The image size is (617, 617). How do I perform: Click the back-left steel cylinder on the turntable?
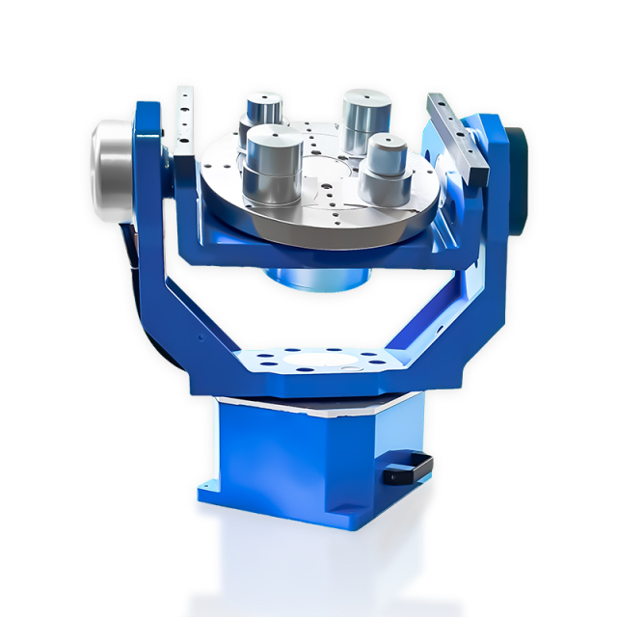[x=263, y=112]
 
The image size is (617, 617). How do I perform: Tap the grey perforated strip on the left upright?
[x=184, y=121]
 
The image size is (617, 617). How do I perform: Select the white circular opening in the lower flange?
[x=318, y=365]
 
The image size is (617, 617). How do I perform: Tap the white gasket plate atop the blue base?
[x=318, y=398]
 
